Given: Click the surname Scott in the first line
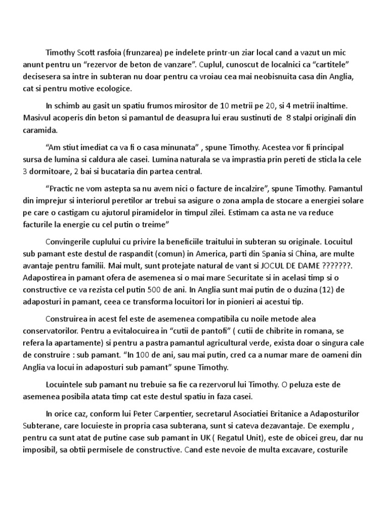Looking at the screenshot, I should click(x=88, y=52).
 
